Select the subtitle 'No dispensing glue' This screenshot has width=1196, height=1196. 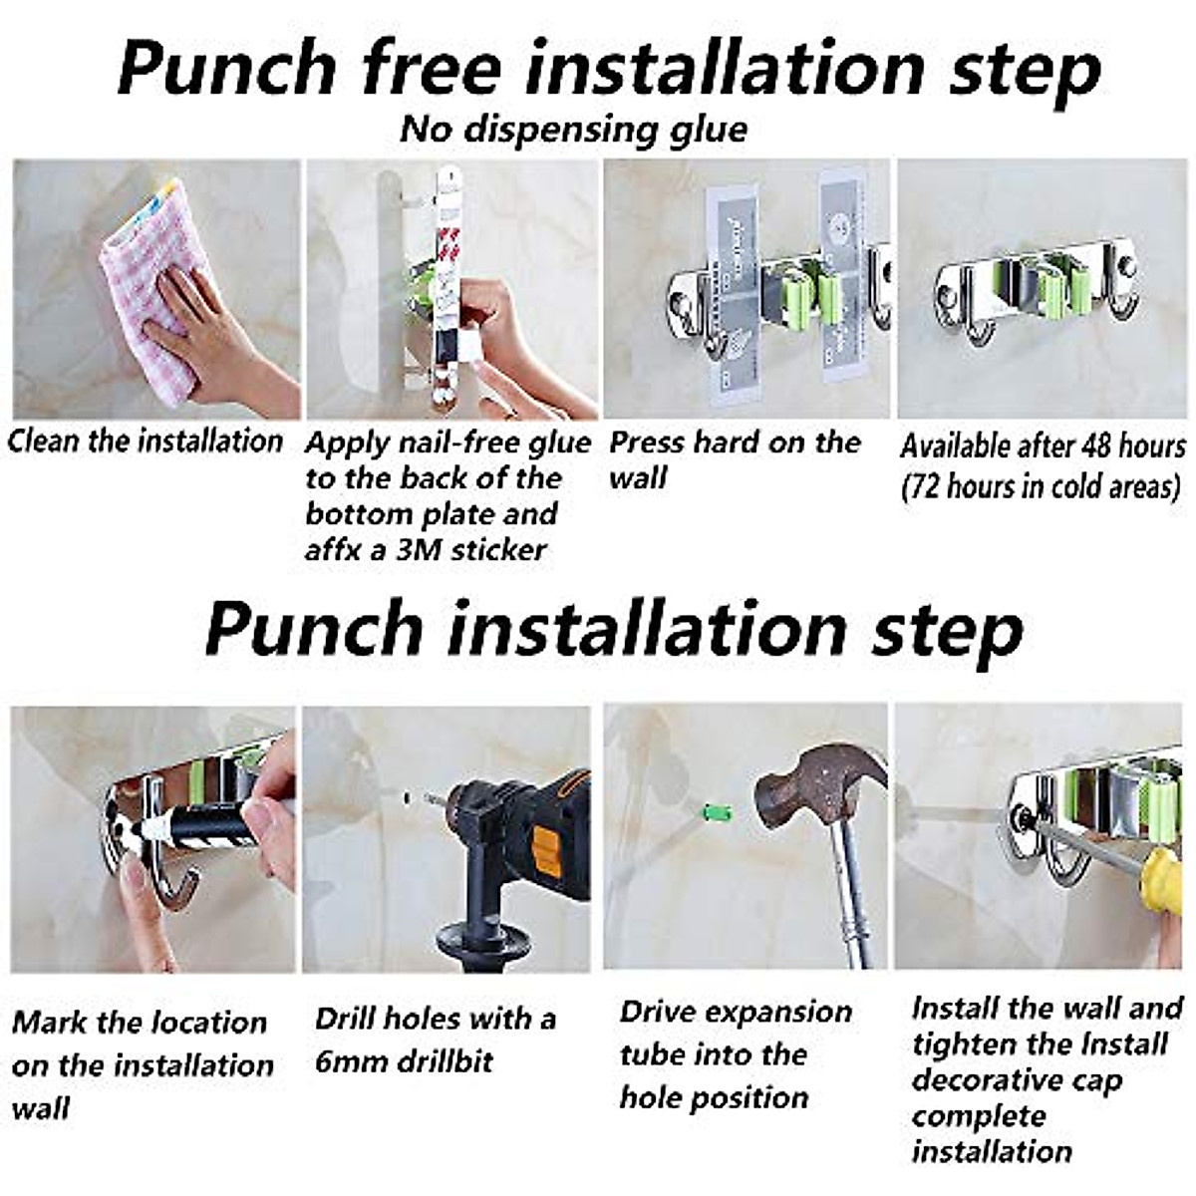(x=573, y=130)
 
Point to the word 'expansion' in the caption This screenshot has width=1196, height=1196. (x=775, y=1012)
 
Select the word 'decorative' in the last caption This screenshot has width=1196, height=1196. (x=1016, y=1080)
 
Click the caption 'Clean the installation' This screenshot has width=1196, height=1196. (x=146, y=441)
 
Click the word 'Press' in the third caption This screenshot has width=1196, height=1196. (x=648, y=443)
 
